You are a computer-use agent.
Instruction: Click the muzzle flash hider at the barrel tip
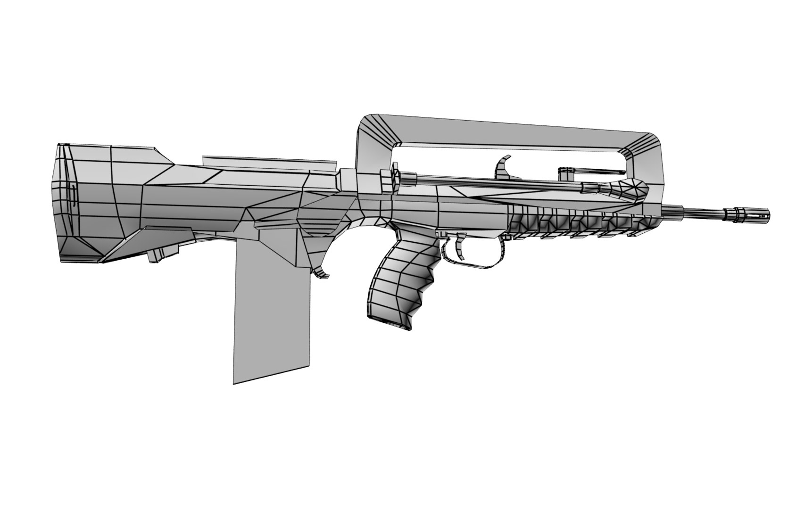(752, 213)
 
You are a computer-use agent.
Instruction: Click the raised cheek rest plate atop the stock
(269, 161)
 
